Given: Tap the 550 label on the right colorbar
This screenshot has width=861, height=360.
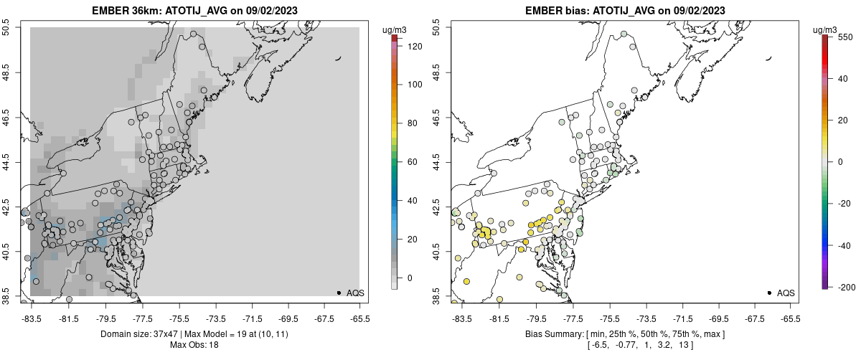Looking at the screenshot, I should [x=845, y=37].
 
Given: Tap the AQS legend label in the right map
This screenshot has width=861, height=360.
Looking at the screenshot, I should [x=786, y=293].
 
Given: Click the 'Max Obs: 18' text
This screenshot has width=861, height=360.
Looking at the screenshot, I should [x=194, y=345].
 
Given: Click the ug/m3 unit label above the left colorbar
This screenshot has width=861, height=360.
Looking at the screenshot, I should [x=395, y=29].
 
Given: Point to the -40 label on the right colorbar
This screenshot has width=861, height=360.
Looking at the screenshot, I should [x=846, y=245].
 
